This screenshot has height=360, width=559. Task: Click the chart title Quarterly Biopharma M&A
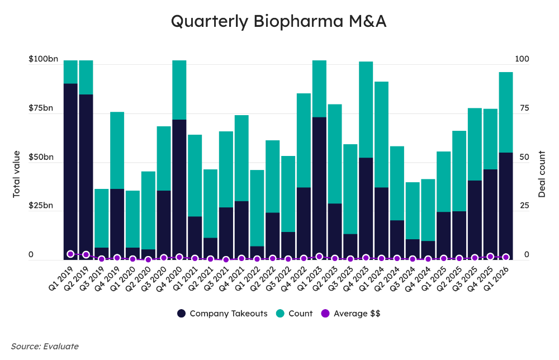(278, 21)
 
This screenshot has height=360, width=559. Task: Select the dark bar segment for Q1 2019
(70, 168)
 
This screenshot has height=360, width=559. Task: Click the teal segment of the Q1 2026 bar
(506, 112)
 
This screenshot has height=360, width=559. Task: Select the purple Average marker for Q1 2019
(70, 254)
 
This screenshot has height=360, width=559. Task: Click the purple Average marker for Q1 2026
(506, 257)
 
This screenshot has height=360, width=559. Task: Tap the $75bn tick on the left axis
(41, 108)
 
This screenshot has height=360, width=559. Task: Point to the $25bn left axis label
(41, 206)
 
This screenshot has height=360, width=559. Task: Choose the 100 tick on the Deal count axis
(521, 59)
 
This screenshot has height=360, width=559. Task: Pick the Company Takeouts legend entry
(222, 314)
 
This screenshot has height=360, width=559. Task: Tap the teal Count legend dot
(280, 314)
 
